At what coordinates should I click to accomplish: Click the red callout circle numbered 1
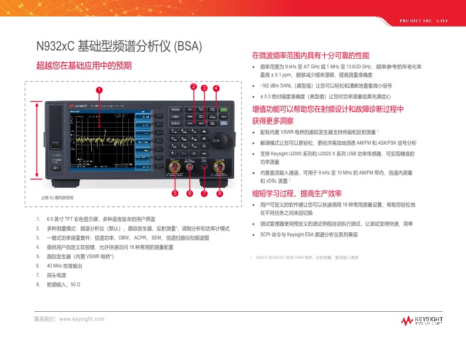point(99,90)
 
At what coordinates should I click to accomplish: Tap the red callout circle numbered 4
point(217,88)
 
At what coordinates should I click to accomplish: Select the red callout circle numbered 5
point(175,193)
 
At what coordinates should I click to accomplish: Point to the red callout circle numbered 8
point(219,193)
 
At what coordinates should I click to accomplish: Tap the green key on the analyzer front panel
point(223,109)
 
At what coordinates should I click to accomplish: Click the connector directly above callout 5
point(175,167)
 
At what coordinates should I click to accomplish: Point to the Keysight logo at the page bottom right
point(422,321)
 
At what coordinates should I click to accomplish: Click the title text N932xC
point(55,46)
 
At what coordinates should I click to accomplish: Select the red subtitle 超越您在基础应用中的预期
point(84,65)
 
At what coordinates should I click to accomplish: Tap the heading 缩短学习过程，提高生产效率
point(297,194)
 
